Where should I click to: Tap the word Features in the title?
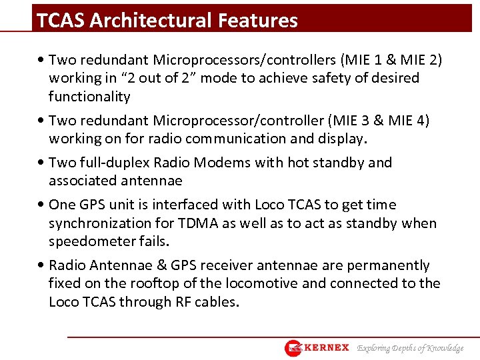point(259,21)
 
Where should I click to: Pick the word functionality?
point(89,97)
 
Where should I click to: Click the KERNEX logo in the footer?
point(317,348)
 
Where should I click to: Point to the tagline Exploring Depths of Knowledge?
point(410,348)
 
